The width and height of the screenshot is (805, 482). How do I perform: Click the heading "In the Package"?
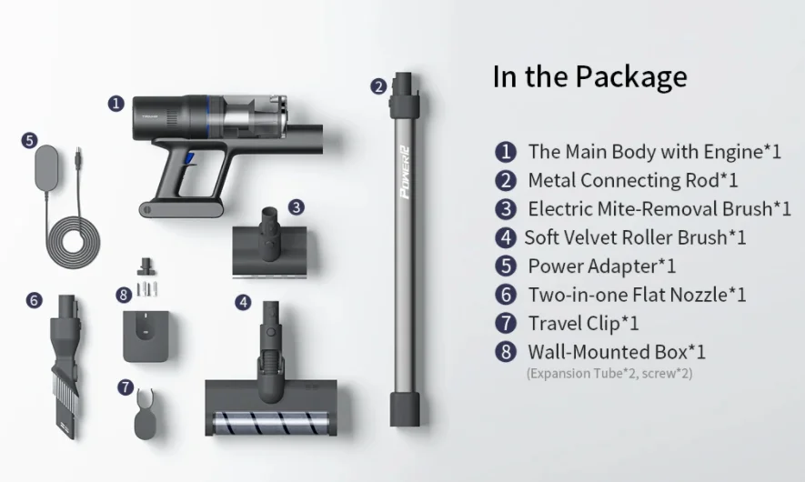(x=589, y=77)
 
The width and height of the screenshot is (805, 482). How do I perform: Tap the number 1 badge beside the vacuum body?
(x=116, y=104)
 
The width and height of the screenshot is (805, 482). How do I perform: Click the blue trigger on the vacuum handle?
(x=189, y=158)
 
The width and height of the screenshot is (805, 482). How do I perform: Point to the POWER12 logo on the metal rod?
(x=405, y=172)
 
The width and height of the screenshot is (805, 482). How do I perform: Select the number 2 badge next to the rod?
(x=379, y=86)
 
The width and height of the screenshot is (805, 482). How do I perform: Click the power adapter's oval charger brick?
(x=46, y=167)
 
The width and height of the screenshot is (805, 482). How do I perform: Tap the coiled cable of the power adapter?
(x=74, y=242)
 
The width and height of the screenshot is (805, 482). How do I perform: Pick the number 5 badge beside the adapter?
(x=30, y=141)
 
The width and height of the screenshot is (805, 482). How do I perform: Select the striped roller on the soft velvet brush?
(x=270, y=424)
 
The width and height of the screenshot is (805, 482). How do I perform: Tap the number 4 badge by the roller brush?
(x=244, y=303)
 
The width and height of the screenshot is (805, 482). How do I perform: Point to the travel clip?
(x=146, y=414)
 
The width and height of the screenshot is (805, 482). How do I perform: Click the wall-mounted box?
(x=146, y=336)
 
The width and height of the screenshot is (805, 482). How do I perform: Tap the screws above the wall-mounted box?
(x=147, y=288)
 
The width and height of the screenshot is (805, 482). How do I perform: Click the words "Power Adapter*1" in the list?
(x=601, y=266)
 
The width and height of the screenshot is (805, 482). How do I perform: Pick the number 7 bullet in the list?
(x=506, y=324)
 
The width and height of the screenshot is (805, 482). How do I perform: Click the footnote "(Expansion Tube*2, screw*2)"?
(x=609, y=373)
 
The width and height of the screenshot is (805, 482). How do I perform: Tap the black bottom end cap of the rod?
(x=405, y=409)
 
